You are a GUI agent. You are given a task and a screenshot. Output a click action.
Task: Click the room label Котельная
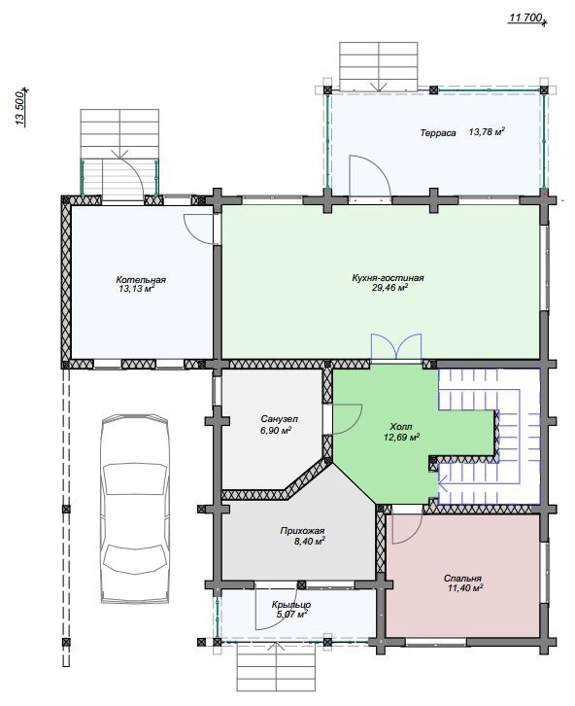tap(141, 280)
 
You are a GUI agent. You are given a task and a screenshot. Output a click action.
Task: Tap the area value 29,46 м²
tap(389, 288)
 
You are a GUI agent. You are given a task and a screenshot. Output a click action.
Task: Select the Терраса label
tap(438, 133)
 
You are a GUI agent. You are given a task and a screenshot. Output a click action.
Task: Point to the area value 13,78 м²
tap(487, 132)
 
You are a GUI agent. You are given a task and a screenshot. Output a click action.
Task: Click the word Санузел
tap(279, 419)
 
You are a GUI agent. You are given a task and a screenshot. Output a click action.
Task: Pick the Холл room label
tap(401, 426)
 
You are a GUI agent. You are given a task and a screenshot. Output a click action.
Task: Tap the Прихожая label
tap(302, 531)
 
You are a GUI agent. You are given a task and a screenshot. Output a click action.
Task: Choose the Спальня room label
tap(462, 579)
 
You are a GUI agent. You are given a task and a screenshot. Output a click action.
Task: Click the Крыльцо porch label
tap(291, 605)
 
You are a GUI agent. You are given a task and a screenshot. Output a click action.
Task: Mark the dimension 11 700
tap(524, 18)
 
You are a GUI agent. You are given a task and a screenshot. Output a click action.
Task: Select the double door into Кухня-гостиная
tap(396, 348)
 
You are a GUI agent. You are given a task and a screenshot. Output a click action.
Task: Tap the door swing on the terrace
tap(370, 177)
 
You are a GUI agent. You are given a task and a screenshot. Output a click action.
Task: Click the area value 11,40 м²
tap(465, 588)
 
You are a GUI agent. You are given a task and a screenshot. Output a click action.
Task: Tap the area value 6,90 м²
tap(276, 431)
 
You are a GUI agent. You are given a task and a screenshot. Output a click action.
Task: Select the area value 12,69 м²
tap(401, 437)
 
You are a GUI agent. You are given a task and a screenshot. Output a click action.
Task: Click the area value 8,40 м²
tap(310, 542)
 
